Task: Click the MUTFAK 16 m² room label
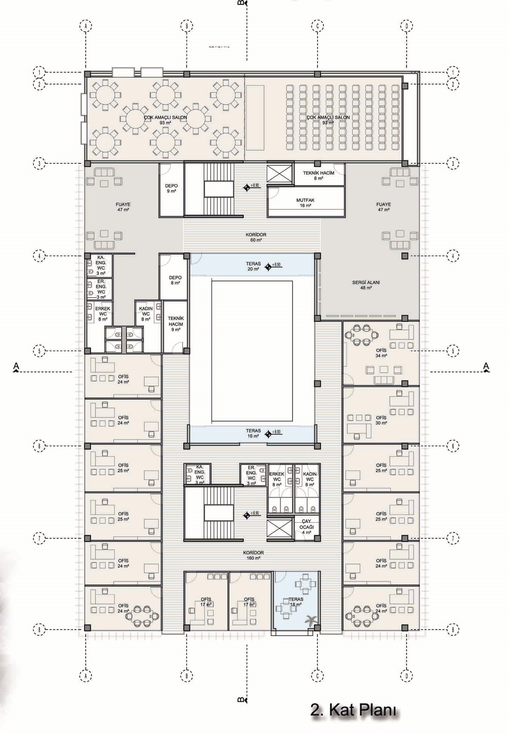click(306, 203)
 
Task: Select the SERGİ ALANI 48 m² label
click(366, 285)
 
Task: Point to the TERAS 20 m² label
click(253, 266)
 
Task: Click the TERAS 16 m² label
click(253, 433)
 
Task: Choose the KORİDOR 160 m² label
click(254, 555)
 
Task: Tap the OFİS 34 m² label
click(381, 353)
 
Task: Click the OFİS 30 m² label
click(381, 420)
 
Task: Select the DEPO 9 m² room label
click(171, 189)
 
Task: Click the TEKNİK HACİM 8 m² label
click(319, 175)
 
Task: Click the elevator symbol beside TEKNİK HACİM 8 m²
click(279, 173)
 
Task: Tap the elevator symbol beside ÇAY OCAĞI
click(279, 529)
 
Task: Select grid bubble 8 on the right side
click(453, 630)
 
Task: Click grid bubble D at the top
click(407, 25)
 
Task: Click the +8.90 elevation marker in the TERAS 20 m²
click(274, 266)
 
